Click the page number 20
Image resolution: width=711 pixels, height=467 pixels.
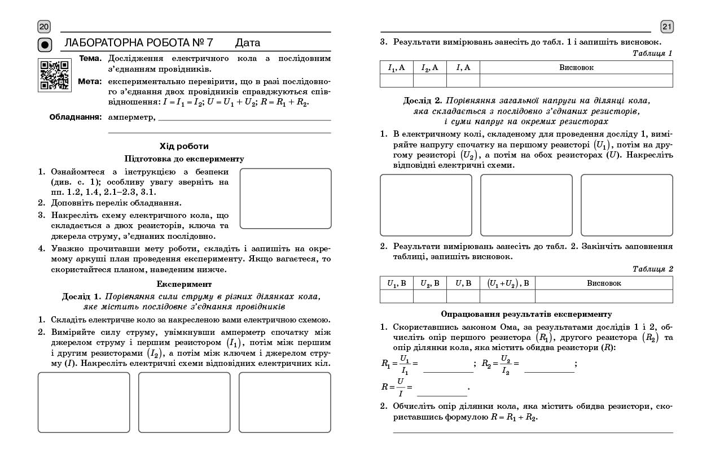[x=44, y=27]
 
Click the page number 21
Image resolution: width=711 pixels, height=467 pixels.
[x=667, y=27]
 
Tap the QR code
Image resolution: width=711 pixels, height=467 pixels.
[x=54, y=74]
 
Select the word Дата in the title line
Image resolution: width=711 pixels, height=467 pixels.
[x=248, y=43]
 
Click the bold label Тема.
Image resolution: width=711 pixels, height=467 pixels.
[x=90, y=58]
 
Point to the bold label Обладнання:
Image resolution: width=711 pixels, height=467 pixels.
[x=75, y=117]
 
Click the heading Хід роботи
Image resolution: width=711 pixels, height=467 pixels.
[x=184, y=146]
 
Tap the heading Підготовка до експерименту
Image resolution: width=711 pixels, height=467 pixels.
[x=184, y=159]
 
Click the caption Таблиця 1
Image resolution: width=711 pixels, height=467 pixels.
[x=652, y=54]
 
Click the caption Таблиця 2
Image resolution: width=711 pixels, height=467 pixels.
[x=652, y=269]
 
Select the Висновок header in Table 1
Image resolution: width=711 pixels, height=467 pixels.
[x=576, y=68]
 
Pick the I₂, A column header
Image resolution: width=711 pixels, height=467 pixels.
[x=430, y=68]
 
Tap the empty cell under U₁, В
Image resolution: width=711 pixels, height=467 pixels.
[x=397, y=296]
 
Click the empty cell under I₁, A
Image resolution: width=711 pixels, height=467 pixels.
[x=397, y=81]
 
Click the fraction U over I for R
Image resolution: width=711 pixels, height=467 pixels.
[x=401, y=387]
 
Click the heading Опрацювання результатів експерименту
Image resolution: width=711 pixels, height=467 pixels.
[x=526, y=314]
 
